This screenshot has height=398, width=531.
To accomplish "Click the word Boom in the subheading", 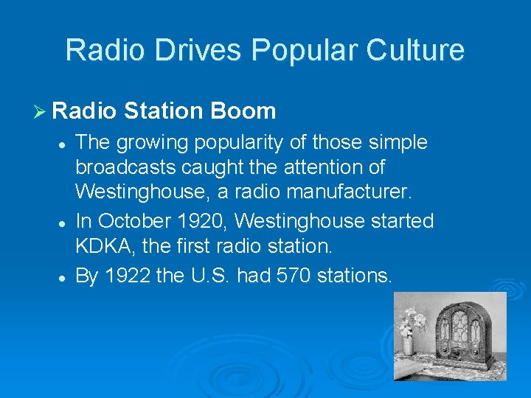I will [243, 111].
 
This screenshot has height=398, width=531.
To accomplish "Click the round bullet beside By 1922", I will [65, 277].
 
